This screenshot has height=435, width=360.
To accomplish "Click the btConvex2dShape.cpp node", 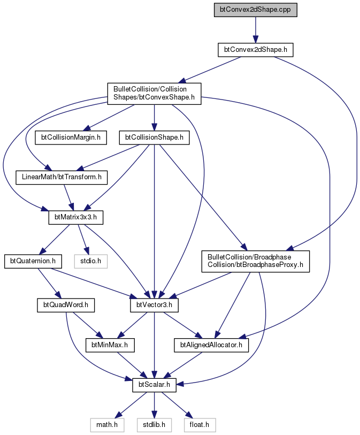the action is tap(256, 10).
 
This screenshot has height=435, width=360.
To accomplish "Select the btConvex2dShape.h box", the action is tap(256, 50).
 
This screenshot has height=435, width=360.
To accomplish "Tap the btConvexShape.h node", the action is tap(154, 94).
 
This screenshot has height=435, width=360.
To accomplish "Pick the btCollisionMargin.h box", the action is tap(71, 138).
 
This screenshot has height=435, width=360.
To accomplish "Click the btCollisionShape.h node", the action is tap(154, 138).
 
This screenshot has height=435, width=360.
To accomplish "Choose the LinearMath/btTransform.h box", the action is tap(62, 177).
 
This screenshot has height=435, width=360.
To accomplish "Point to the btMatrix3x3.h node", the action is tap(76, 217).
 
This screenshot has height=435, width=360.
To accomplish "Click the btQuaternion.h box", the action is tap(33, 261).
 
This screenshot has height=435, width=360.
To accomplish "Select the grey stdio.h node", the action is tap(91, 261).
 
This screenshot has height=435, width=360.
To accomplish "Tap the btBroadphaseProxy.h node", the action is tap(256, 261).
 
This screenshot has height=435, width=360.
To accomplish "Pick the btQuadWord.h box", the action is tap(66, 305).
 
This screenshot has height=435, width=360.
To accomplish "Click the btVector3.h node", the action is tap(154, 305).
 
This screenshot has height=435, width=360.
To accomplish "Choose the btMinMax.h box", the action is tap(110, 345).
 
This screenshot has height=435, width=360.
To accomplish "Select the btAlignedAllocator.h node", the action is tap(211, 345).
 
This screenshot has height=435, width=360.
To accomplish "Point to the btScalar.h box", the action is tap(154, 385).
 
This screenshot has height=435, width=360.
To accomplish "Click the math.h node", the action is tap(107, 425).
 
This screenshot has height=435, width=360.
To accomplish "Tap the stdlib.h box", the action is tap(154, 425).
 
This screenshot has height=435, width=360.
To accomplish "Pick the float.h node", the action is tap(200, 425).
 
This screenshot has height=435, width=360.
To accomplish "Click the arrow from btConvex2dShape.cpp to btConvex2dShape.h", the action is tap(256, 29).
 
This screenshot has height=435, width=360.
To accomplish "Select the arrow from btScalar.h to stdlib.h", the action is tap(154, 405).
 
